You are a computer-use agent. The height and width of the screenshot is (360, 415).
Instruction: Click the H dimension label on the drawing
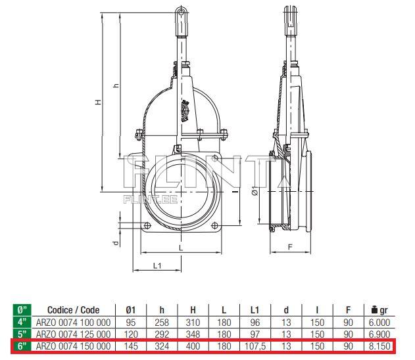tap(99, 102)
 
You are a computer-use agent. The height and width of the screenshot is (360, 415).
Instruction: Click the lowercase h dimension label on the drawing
tap(116, 85)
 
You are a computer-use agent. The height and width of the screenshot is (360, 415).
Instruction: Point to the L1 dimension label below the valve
tap(157, 265)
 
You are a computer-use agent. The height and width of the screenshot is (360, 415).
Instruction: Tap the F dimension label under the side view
tap(290, 247)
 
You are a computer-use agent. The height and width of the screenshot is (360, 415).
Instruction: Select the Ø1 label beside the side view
tap(255, 191)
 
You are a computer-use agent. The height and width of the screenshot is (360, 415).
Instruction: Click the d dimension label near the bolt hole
tap(116, 243)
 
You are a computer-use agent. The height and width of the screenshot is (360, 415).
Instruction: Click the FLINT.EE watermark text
tap(151, 199)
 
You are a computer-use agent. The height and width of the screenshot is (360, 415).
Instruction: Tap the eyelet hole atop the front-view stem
tap(181, 12)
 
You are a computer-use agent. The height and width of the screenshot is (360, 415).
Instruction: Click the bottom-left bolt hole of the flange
tap(147, 225)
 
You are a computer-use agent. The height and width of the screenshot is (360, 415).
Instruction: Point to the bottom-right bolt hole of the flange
tap(214, 225)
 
